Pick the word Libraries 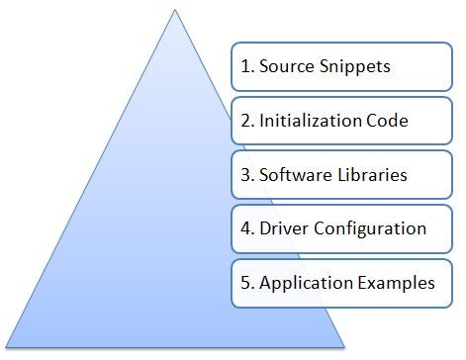coord(370,175)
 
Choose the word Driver coord(282,228)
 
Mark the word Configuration coord(366,228)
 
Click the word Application coord(303,283)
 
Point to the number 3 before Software coord(244,175)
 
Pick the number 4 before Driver coord(244,228)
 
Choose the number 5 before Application coord(244,283)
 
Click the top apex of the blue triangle coord(175,10)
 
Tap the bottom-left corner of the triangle coord(5,348)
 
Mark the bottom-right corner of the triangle coord(345,348)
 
